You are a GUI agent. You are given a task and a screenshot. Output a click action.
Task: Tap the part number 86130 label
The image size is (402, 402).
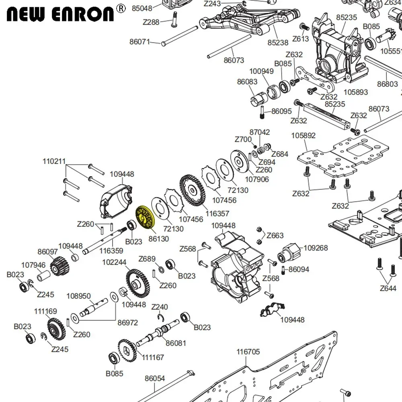158,238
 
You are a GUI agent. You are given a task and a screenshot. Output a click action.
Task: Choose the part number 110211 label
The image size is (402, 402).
54,162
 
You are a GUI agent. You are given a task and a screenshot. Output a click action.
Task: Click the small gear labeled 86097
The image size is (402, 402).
59,266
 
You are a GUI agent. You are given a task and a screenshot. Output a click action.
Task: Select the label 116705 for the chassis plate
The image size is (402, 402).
248,352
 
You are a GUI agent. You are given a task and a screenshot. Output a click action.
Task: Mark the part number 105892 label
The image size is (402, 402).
304,135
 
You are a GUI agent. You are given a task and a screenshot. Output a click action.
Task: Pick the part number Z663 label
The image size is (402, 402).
275,236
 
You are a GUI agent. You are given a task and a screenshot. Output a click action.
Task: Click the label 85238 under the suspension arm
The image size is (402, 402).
278,42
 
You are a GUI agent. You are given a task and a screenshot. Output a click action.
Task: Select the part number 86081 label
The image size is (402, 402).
176,343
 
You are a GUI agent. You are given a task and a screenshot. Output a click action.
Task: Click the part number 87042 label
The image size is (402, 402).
260,132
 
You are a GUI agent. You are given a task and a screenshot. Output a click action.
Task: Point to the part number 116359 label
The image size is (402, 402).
112,250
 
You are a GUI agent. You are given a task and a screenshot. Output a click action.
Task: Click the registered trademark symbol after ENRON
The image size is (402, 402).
120,7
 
